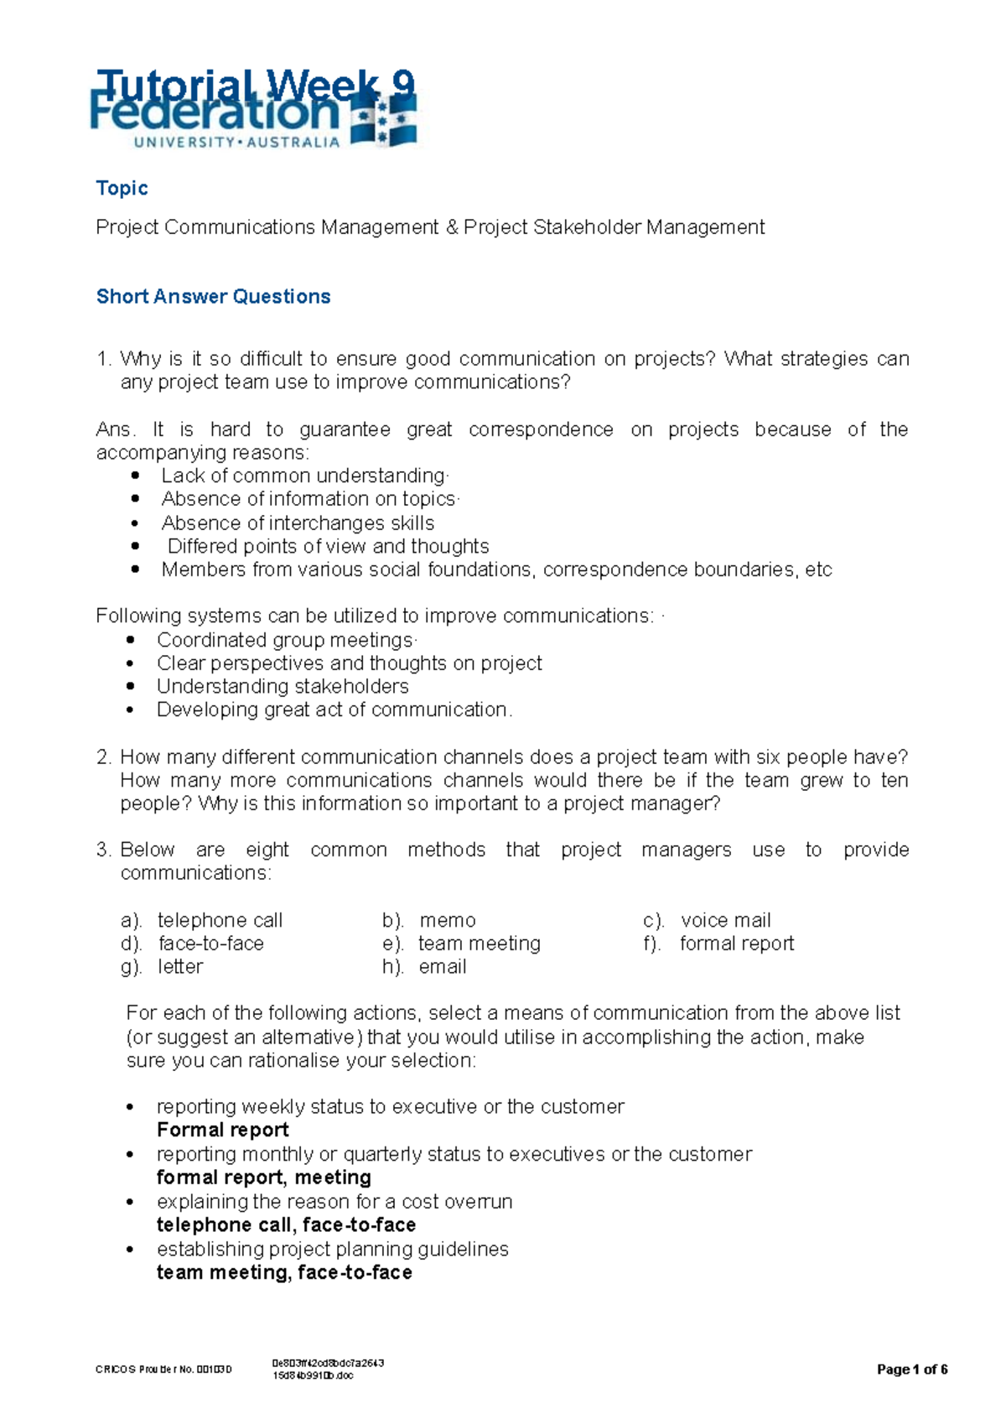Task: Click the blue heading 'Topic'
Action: click(x=122, y=188)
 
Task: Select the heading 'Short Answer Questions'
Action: click(x=213, y=296)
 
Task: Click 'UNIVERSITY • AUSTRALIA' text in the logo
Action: click(x=236, y=143)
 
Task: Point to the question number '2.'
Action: click(x=104, y=756)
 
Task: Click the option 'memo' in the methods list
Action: click(x=447, y=920)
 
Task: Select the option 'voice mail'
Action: click(x=725, y=920)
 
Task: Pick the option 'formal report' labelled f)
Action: click(x=736, y=943)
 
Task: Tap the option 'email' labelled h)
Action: click(x=442, y=967)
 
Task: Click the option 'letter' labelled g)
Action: click(x=180, y=967)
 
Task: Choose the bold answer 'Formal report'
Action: click(x=222, y=1130)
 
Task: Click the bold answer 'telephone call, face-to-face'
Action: click(x=286, y=1224)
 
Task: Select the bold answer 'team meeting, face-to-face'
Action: click(x=284, y=1272)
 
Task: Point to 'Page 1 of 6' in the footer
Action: click(x=912, y=1369)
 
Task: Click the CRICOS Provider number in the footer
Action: click(x=163, y=1369)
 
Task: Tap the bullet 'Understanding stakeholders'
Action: click(x=283, y=686)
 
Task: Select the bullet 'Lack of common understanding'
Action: click(x=303, y=476)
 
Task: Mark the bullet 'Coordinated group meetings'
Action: click(x=285, y=640)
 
